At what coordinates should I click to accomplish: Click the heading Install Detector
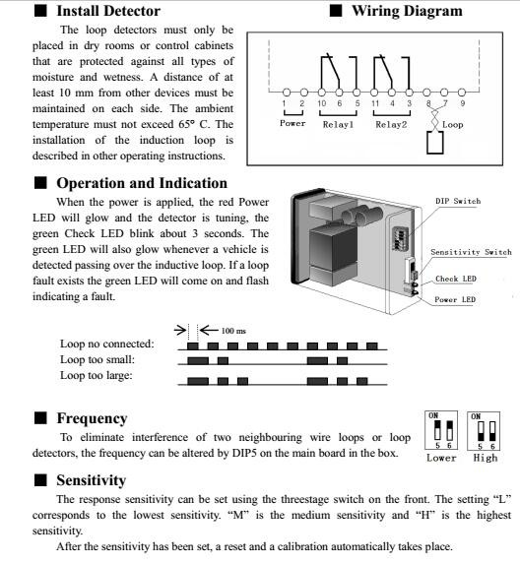tap(108, 11)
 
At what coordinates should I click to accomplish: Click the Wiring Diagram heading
tap(407, 11)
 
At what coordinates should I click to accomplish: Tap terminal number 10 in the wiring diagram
tap(322, 103)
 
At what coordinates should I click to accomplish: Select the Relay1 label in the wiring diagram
tap(338, 125)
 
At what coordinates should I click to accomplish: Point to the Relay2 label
tap(391, 125)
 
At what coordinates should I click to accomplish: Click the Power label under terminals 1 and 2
tap(292, 123)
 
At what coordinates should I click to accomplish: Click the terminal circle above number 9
tap(462, 93)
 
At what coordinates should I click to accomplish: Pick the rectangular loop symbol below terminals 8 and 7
tap(434, 143)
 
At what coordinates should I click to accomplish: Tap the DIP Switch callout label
tap(458, 201)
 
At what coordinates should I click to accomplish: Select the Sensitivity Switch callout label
tap(471, 252)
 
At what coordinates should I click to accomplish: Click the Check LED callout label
tap(456, 279)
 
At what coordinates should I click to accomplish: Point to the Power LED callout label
tap(455, 299)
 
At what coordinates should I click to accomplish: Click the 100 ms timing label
tap(233, 331)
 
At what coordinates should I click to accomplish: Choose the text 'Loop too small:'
tap(97, 359)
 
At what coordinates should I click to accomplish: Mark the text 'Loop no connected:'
tap(107, 344)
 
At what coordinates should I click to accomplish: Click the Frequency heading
tap(92, 418)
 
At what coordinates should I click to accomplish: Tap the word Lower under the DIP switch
tap(441, 458)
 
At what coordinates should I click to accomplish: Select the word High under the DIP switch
tap(486, 458)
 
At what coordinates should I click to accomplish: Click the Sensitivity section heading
tap(91, 480)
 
